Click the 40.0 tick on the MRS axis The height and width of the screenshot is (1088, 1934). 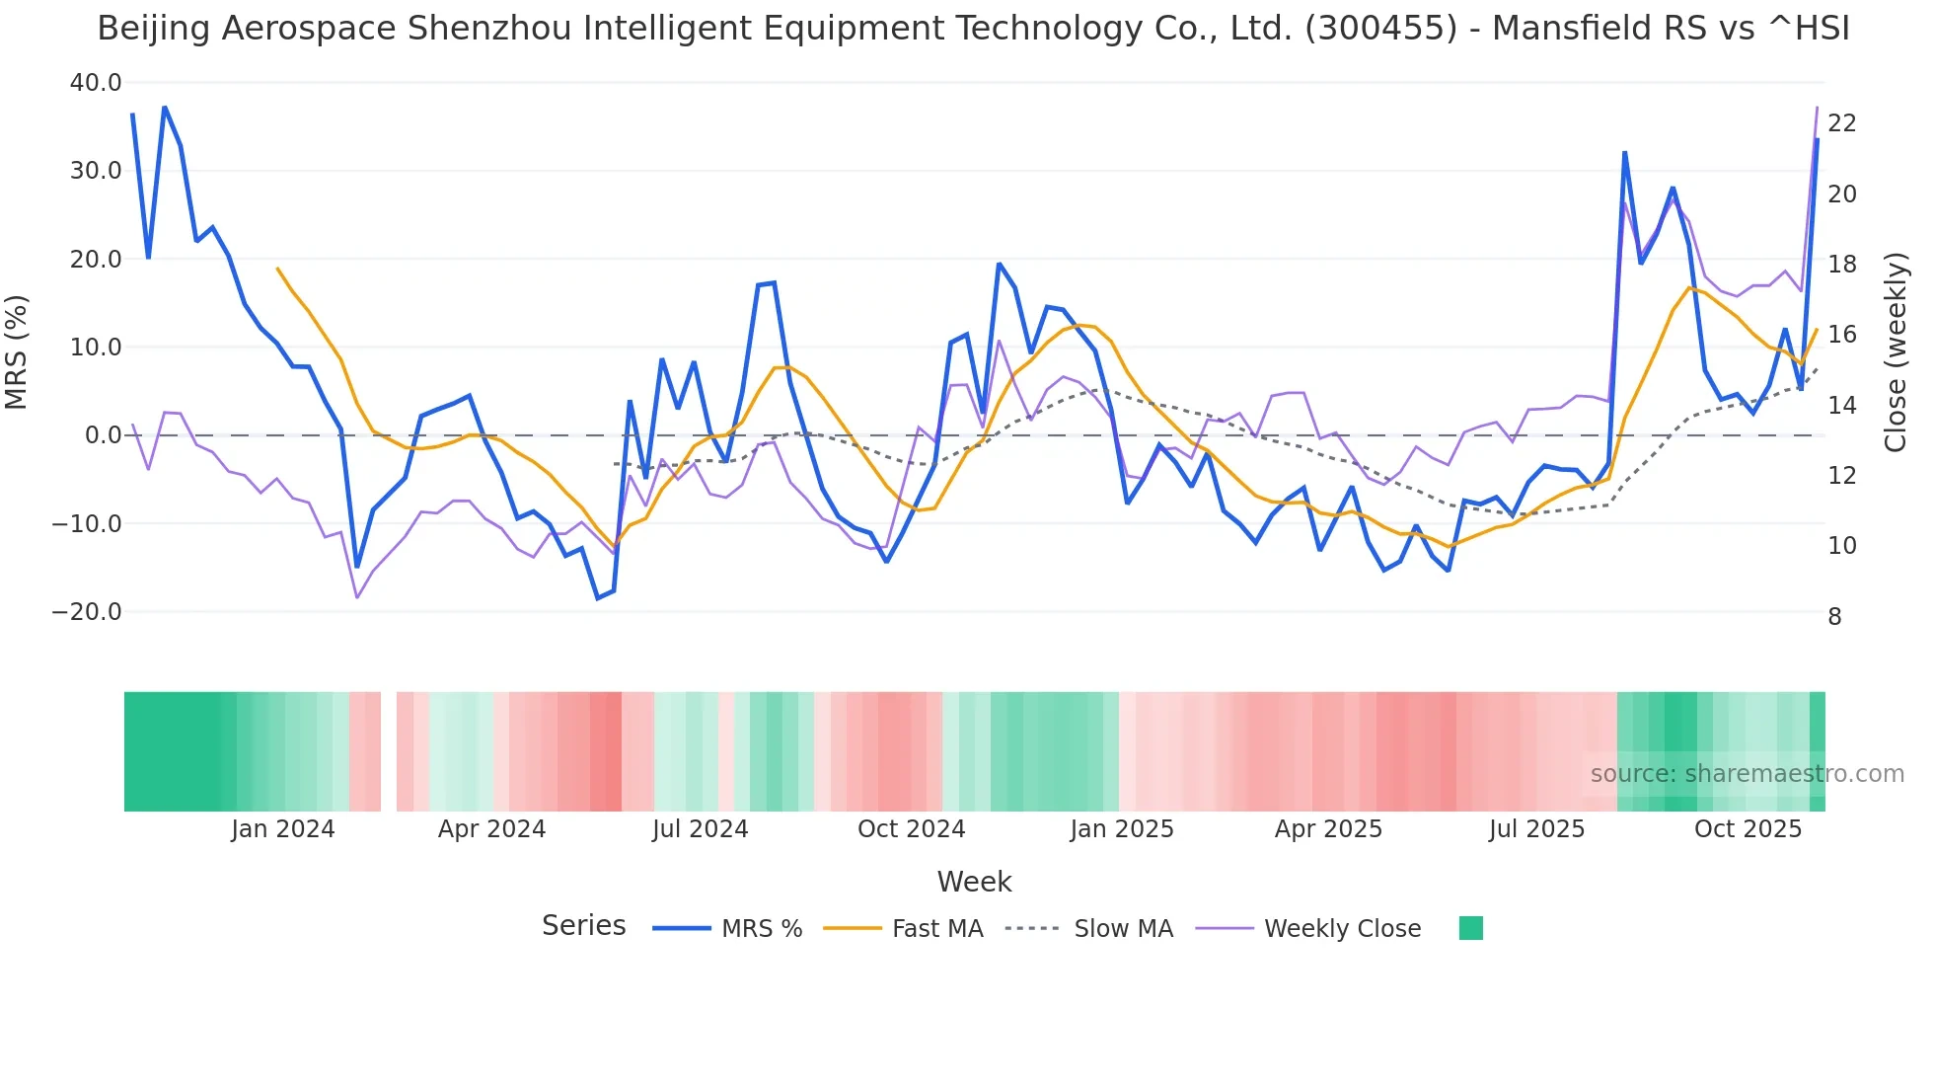point(95,83)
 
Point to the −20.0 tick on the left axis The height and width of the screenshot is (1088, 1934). point(87,612)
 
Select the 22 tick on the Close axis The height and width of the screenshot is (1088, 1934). point(1841,123)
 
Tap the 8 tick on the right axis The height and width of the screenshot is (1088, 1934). point(1834,617)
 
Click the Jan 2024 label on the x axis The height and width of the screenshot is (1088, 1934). point(282,829)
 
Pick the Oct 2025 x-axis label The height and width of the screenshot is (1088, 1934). point(1748,829)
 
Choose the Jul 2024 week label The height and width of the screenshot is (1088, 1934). point(700,829)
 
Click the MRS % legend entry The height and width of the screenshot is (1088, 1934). point(761,929)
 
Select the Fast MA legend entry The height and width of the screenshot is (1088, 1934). point(936,929)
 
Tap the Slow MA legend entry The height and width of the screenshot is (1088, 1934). point(1123,929)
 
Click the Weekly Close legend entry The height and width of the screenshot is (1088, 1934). point(1342,929)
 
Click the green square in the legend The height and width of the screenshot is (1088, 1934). point(1470,928)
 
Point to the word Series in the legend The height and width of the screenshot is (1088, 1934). point(583,926)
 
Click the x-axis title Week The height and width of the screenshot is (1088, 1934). point(974,882)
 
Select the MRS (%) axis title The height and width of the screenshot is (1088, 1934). point(17,352)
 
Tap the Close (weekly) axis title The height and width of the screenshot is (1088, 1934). point(1896,352)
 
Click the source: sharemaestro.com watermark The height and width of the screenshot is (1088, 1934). point(1747,774)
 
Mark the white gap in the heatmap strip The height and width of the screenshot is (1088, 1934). point(388,751)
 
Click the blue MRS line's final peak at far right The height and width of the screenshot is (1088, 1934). point(1817,140)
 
